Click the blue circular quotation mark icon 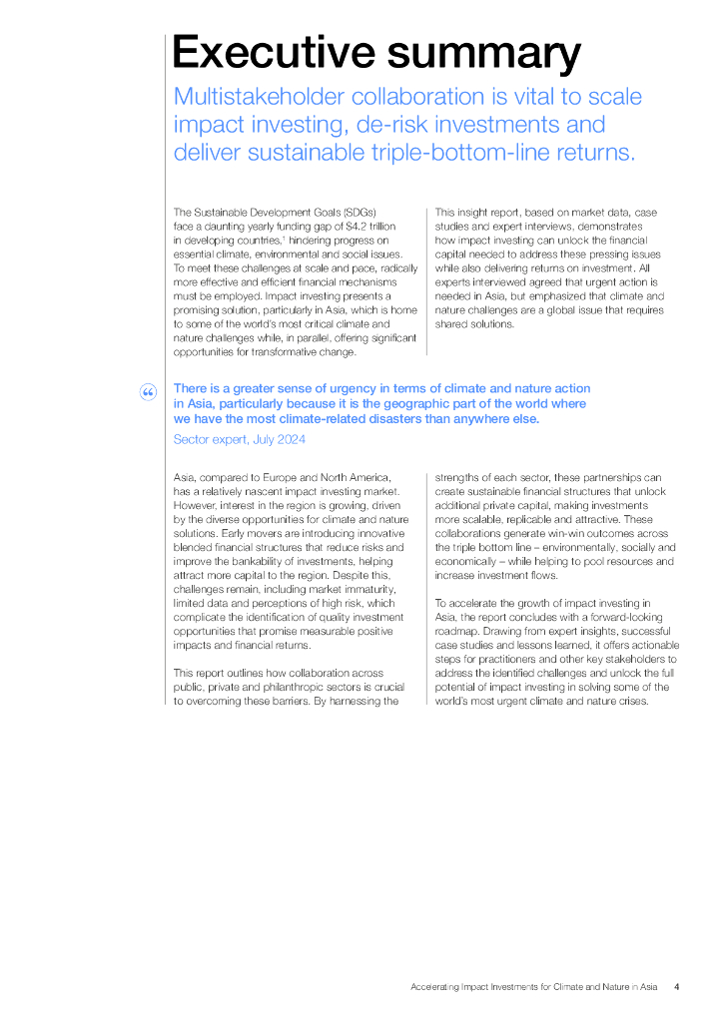(148, 392)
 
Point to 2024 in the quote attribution (291, 439)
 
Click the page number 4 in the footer (677, 987)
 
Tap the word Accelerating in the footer (434, 987)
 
